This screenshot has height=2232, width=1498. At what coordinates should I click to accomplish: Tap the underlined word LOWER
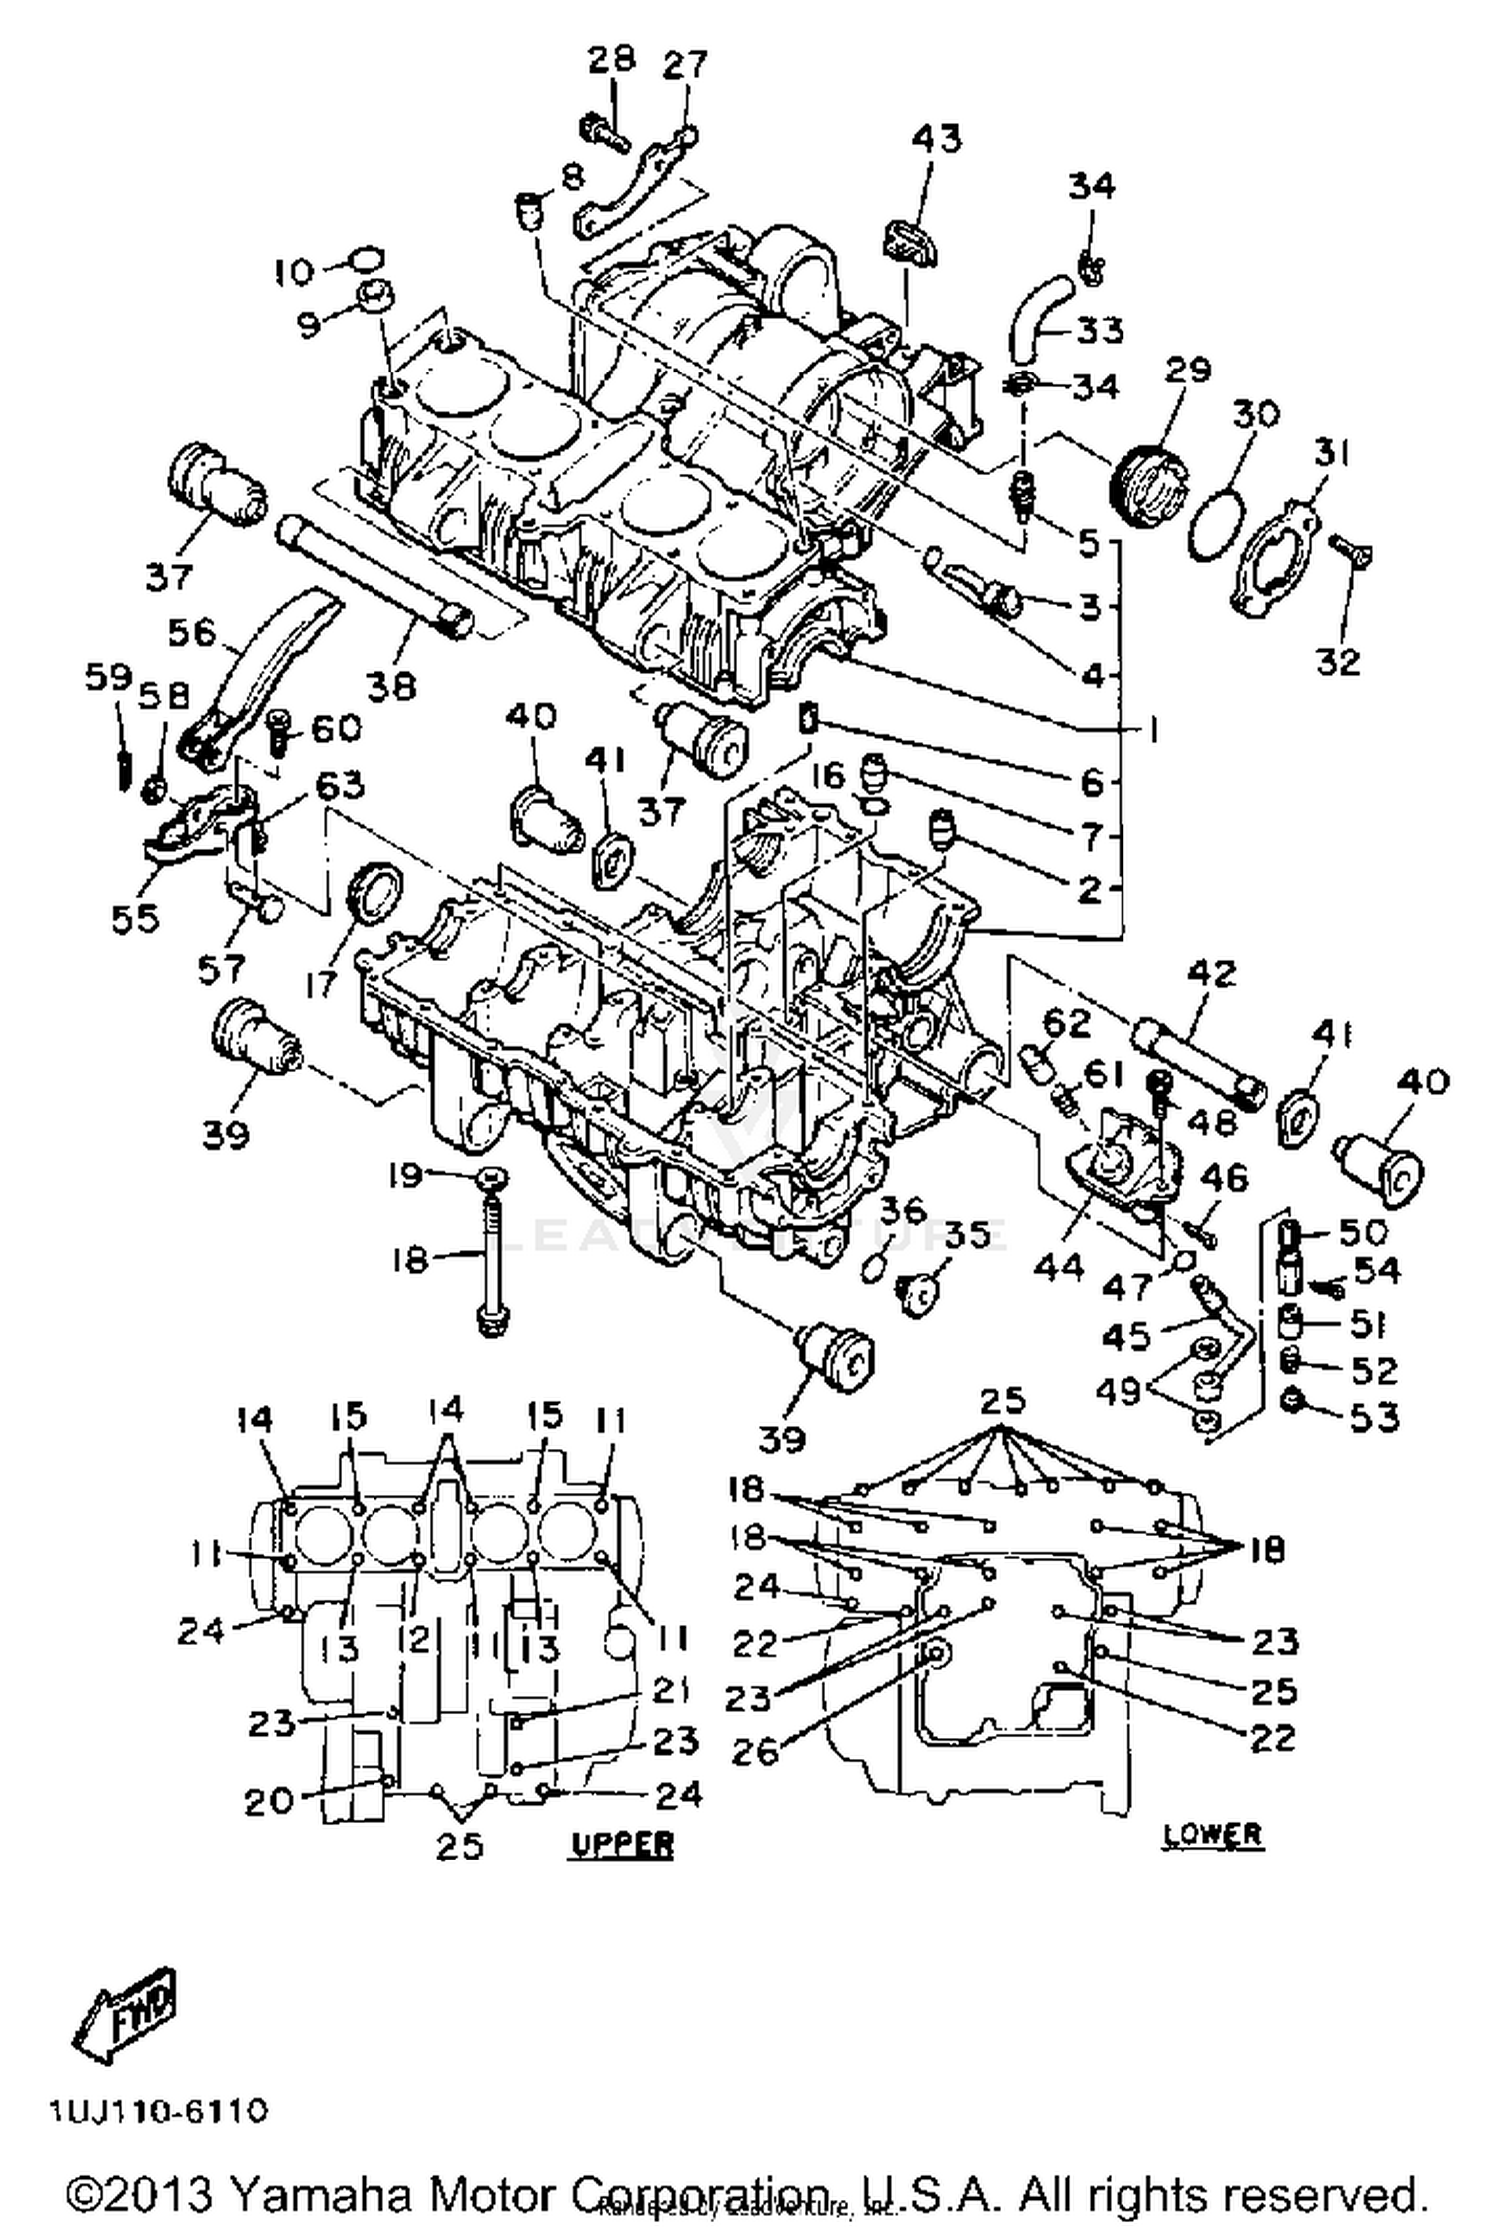coord(1213,1833)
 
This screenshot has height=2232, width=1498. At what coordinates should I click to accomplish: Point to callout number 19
coord(406,1177)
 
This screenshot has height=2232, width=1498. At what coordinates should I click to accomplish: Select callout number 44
coord(1059,1266)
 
